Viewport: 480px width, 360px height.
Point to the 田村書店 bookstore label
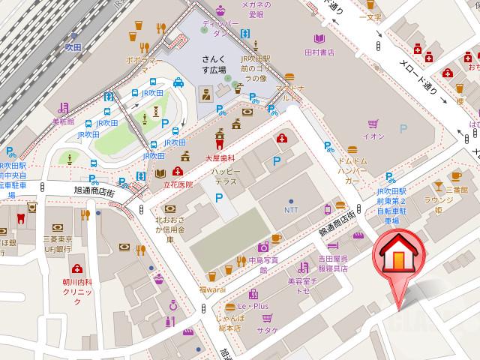[318, 52]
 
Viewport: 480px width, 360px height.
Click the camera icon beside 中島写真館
[263, 247]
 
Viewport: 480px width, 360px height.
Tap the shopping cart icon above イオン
[373, 124]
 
